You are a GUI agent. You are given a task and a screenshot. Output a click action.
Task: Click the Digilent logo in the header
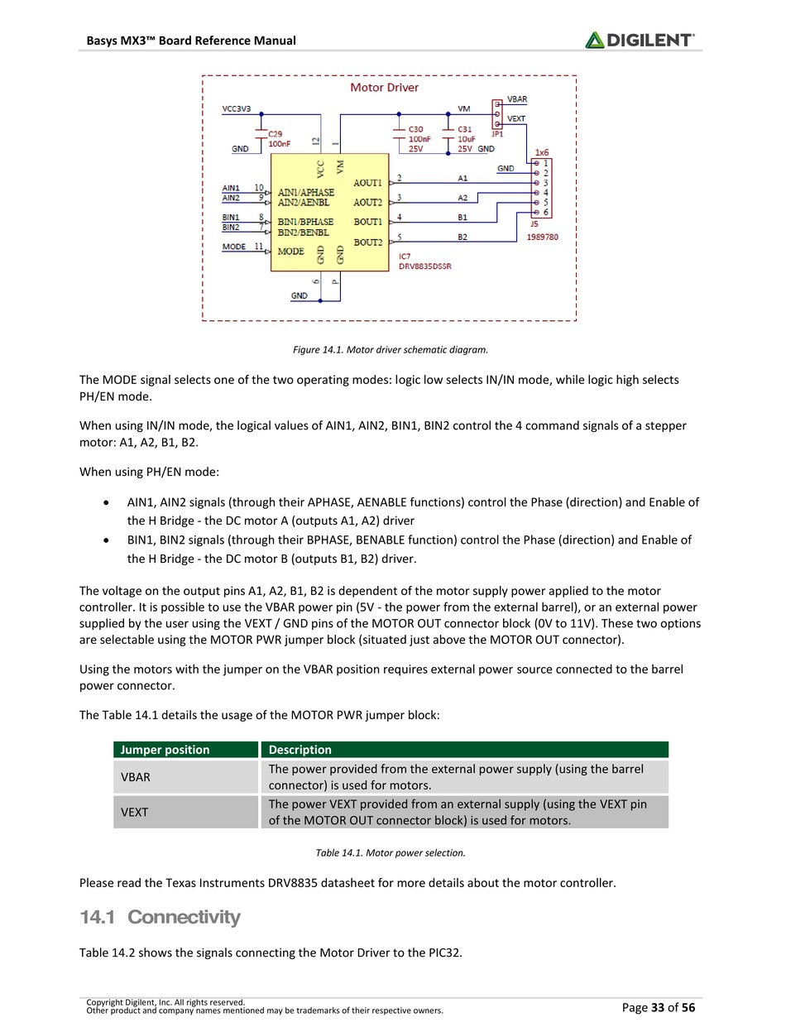click(x=640, y=39)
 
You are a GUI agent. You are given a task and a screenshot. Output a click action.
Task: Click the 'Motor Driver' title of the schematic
click(x=384, y=87)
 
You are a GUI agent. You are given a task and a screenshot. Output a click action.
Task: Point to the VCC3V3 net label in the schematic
click(x=237, y=108)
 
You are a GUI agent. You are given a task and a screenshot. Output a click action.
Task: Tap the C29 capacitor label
click(x=276, y=133)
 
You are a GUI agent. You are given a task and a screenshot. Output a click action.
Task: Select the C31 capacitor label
click(x=465, y=129)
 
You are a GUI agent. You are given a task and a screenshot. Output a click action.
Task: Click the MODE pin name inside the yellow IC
click(x=290, y=251)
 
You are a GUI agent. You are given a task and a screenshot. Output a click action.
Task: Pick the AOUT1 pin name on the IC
click(x=367, y=182)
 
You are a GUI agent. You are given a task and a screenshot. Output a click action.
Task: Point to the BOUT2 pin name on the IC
click(x=367, y=242)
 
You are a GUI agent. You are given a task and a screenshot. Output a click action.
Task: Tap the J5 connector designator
click(x=534, y=223)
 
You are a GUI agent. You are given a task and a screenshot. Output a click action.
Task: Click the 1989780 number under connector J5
click(x=543, y=237)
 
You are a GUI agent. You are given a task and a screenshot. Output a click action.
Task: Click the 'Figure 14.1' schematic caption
click(x=391, y=349)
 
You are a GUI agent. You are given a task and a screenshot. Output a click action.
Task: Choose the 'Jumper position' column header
click(x=165, y=750)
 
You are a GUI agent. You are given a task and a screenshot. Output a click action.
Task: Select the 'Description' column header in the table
click(x=300, y=750)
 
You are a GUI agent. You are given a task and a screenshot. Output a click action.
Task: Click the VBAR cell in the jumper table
click(x=136, y=777)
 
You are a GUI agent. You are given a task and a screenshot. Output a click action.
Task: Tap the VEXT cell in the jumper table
click(x=135, y=812)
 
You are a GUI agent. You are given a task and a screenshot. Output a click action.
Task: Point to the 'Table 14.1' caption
click(x=391, y=852)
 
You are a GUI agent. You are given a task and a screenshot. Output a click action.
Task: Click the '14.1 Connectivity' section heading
click(x=160, y=917)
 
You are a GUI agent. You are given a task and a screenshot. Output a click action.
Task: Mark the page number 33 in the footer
click(x=658, y=1007)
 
